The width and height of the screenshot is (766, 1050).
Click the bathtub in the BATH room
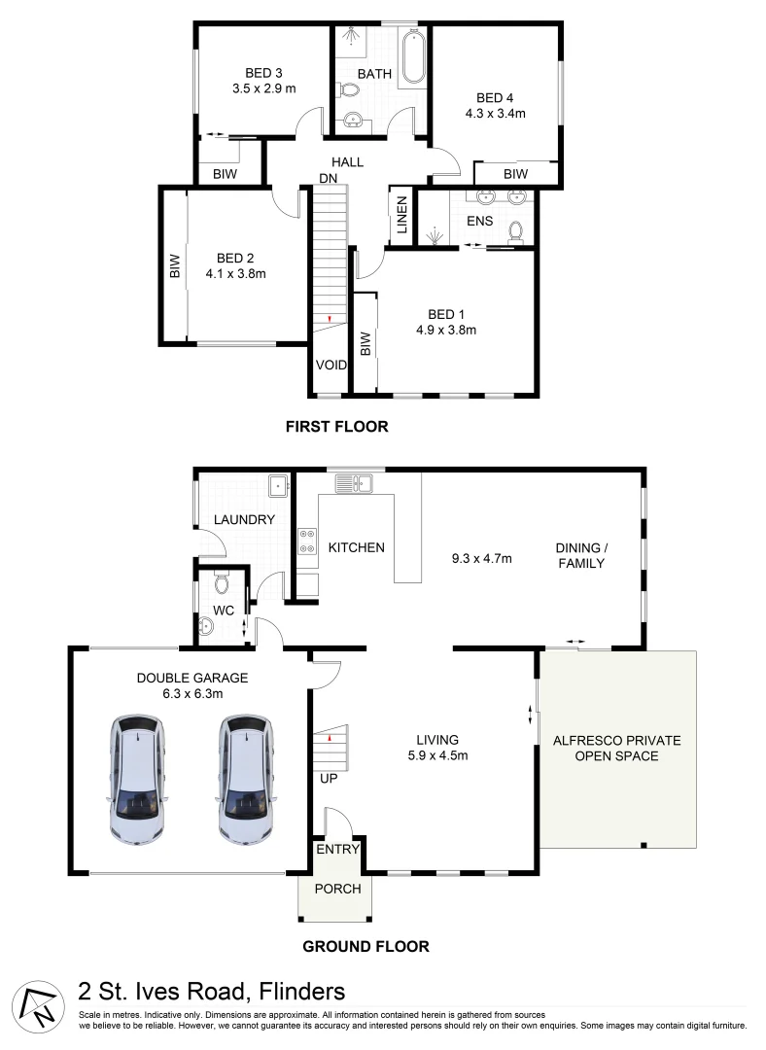412,56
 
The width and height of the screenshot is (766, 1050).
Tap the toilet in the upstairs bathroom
348,89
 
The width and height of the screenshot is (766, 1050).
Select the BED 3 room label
263,73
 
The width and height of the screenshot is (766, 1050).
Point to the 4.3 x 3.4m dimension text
496,113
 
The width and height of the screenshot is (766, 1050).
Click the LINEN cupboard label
401,215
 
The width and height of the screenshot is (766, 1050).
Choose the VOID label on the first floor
331,365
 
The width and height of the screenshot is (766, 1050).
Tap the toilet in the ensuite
515,231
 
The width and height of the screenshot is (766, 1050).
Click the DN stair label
329,178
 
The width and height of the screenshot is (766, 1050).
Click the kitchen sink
355,483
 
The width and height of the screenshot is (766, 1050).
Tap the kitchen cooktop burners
307,542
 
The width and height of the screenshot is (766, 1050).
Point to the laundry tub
278,485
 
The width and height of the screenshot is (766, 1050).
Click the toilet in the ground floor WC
222,584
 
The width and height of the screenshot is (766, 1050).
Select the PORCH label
337,889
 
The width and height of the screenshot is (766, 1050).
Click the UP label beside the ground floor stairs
329,778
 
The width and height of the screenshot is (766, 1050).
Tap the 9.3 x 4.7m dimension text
482,558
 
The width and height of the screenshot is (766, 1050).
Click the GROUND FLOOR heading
366,946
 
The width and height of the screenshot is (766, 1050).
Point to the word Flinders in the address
302,991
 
